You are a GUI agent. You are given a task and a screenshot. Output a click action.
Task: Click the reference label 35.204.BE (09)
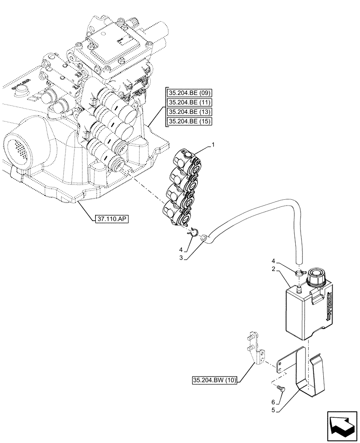(190, 93)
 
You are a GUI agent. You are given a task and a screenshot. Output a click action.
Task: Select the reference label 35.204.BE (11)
(190, 103)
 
